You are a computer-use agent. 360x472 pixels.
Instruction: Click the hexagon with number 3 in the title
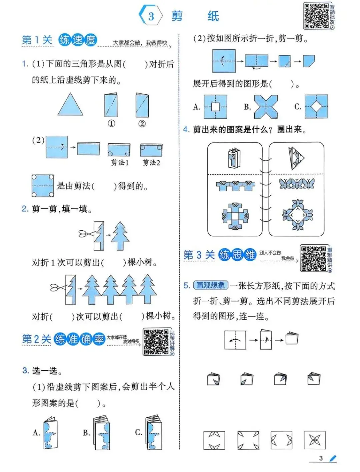(151, 16)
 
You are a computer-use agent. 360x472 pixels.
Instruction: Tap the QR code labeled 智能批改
(316, 16)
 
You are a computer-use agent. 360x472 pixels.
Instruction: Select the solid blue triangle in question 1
(70, 105)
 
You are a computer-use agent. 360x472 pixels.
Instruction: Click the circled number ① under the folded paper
(111, 124)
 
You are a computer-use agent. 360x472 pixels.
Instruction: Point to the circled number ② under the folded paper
(142, 124)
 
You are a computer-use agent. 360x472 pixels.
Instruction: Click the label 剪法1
(120, 163)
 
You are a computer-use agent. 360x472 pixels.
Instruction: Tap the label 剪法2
(151, 163)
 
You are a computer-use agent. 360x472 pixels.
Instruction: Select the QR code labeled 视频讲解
(156, 342)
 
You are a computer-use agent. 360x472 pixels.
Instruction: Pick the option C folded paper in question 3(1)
(153, 432)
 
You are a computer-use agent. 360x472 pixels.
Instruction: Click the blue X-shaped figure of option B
(266, 107)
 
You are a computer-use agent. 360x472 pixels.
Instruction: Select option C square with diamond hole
(316, 107)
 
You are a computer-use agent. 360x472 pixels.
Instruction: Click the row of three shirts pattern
(235, 186)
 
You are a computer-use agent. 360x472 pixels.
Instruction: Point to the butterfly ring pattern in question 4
(297, 215)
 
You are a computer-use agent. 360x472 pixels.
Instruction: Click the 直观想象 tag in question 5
(211, 285)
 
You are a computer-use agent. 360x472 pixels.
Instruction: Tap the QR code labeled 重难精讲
(313, 258)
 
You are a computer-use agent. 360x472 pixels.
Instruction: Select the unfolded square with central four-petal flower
(314, 440)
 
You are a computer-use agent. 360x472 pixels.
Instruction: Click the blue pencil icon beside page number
(333, 459)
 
